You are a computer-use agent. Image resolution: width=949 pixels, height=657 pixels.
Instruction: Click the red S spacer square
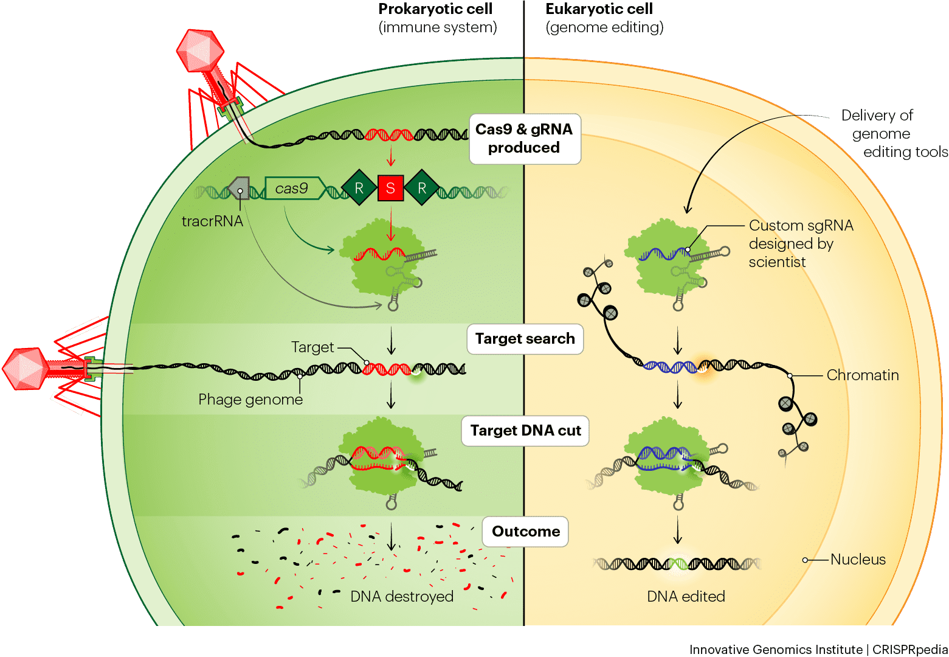click(x=390, y=188)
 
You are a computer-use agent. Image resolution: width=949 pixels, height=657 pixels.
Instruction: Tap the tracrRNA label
click(x=212, y=221)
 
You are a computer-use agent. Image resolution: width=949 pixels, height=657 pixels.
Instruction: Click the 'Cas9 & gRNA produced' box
click(x=525, y=139)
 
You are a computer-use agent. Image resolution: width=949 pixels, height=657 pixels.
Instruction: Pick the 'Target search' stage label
click(x=525, y=339)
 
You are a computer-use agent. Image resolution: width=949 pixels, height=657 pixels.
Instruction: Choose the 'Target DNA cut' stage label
click(x=525, y=431)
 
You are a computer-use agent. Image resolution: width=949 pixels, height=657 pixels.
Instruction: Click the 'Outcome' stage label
click(x=525, y=532)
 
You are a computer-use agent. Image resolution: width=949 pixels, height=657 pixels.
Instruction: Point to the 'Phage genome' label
click(x=250, y=399)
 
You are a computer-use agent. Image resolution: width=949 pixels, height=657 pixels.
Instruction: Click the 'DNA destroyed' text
click(x=402, y=596)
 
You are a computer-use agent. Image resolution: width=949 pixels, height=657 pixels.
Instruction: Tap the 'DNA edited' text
click(x=686, y=596)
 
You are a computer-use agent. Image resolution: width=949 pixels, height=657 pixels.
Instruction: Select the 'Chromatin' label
click(x=863, y=375)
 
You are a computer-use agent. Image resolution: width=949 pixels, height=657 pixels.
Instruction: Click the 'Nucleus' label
click(x=858, y=560)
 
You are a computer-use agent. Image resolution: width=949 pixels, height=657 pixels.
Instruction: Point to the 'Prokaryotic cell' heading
click(x=435, y=9)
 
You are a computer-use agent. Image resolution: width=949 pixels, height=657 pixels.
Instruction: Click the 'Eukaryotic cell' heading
click(x=599, y=9)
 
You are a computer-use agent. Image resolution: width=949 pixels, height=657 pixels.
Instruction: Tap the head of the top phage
click(x=200, y=50)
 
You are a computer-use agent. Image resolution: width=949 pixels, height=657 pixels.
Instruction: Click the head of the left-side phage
click(x=26, y=369)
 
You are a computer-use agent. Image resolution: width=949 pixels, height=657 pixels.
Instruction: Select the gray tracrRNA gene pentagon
click(x=238, y=188)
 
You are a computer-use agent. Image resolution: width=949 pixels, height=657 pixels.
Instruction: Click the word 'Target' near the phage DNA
click(x=312, y=347)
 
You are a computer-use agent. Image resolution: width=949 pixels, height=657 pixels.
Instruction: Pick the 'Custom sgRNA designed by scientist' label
click(x=801, y=244)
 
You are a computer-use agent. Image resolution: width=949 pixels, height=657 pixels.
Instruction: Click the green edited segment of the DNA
click(x=679, y=564)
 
